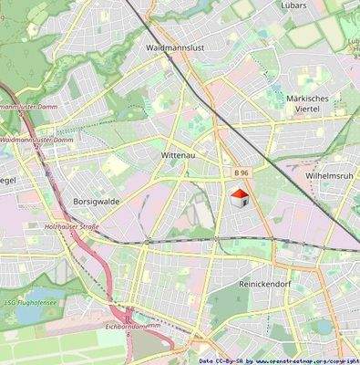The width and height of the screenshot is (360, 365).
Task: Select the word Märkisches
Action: pyautogui.click(x=307, y=99)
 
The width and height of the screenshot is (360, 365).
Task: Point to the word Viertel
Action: pyautogui.click(x=307, y=110)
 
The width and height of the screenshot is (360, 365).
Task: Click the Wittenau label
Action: pyautogui.click(x=179, y=156)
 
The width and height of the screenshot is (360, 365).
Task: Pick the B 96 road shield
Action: pyautogui.click(x=241, y=172)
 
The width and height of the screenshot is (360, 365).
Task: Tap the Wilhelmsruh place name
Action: pyautogui.click(x=330, y=173)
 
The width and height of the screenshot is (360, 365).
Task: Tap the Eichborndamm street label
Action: pyautogui.click(x=134, y=325)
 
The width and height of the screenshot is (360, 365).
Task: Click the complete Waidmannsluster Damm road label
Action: pyautogui.click(x=36, y=140)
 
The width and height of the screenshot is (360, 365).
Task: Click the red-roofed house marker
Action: pyautogui.click(x=238, y=198)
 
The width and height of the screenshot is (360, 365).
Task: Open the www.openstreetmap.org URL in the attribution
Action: pyautogui.click(x=301, y=360)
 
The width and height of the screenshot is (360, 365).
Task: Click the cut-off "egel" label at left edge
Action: pyautogui.click(x=7, y=180)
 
